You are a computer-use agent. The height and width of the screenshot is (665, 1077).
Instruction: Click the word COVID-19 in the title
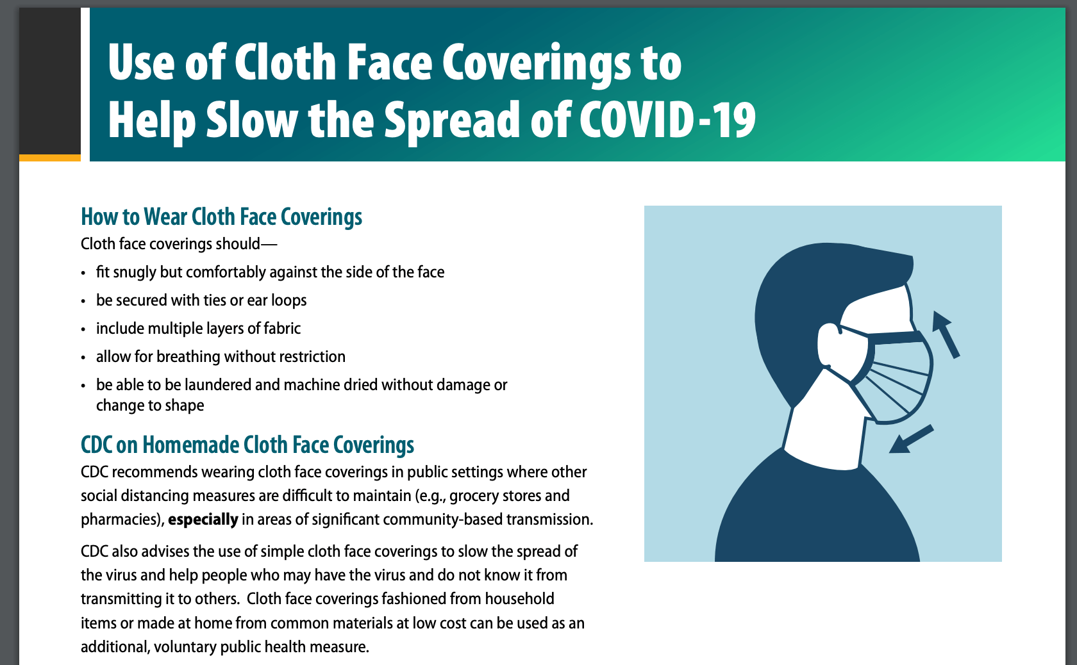point(668,120)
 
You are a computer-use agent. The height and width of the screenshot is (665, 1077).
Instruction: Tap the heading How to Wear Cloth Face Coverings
point(222,217)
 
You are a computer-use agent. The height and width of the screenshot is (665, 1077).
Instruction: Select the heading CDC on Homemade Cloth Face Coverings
point(247,445)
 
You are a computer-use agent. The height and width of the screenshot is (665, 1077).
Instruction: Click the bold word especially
point(203,520)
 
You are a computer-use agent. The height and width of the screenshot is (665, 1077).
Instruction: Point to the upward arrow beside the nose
point(946,334)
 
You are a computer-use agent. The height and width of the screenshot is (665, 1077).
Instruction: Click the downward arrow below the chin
point(911,439)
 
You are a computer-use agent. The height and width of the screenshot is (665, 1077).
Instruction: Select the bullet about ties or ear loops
point(201,300)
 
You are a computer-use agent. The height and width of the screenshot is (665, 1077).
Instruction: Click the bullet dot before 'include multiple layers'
point(83,329)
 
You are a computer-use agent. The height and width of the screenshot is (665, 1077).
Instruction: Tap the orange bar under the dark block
point(50,158)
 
